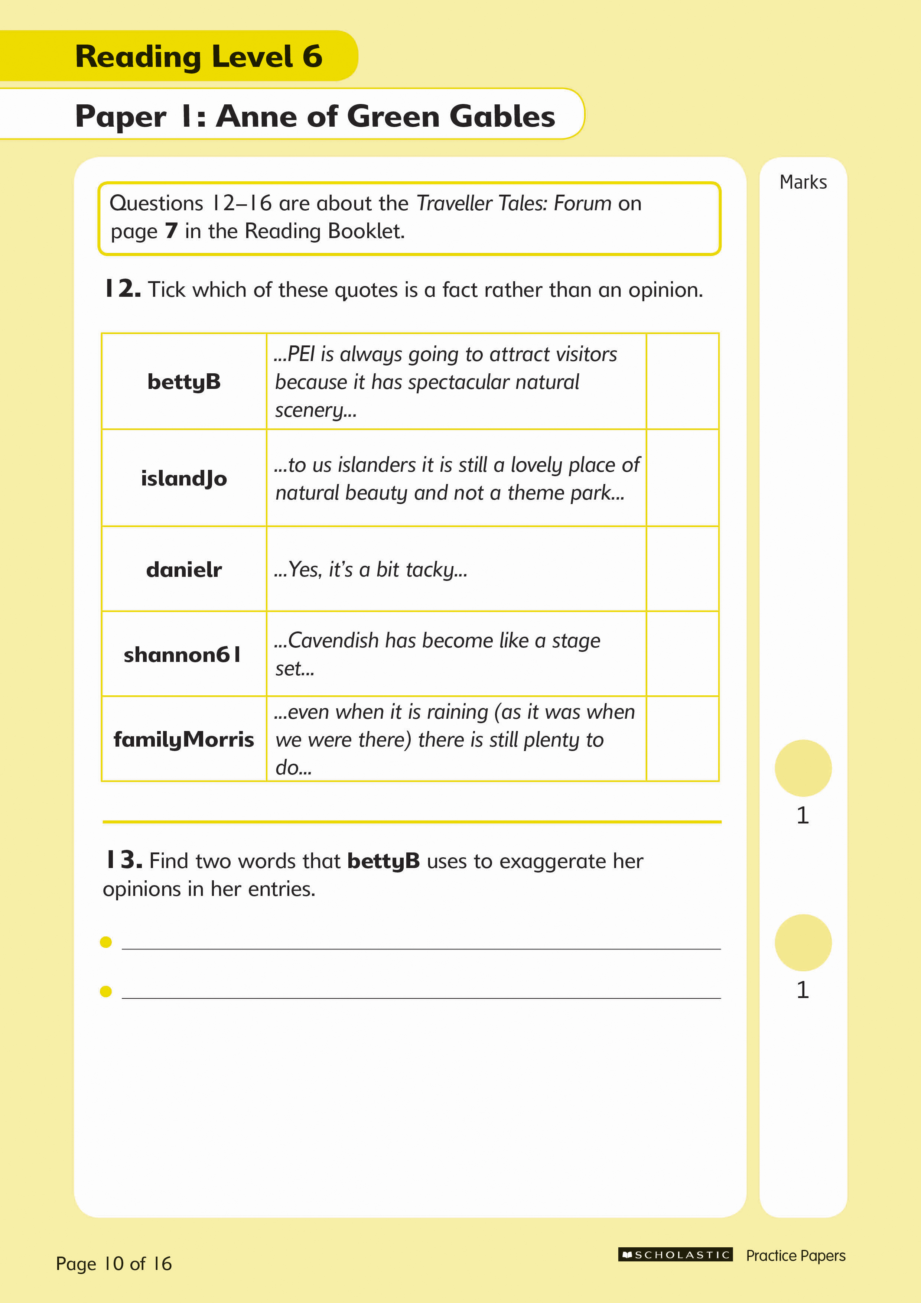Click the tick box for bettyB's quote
tap(682, 381)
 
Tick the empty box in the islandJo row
tap(682, 478)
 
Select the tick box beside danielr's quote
tap(682, 569)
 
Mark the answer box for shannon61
tap(682, 654)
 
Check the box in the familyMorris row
tap(682, 739)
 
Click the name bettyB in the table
tap(184, 382)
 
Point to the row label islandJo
tap(184, 478)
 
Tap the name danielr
tap(184, 569)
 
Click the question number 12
tap(123, 289)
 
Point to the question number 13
tap(123, 860)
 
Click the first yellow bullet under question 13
tap(105, 942)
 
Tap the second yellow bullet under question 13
tap(105, 991)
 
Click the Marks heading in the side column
tap(803, 182)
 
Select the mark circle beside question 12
tap(803, 768)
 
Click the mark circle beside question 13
tap(803, 943)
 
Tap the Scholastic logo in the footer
tap(675, 1255)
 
